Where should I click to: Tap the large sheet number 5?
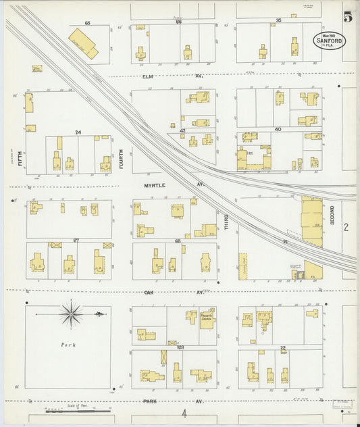pyautogui.click(x=347, y=17)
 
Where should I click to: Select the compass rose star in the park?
pyautogui.click(x=71, y=313)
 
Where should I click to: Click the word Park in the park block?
pyautogui.click(x=68, y=345)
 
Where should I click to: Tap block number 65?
pyautogui.click(x=87, y=23)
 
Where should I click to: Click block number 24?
pyautogui.click(x=78, y=132)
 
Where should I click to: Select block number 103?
pyautogui.click(x=180, y=347)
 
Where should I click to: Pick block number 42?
pyautogui.click(x=182, y=130)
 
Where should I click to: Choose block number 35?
pyautogui.click(x=278, y=20)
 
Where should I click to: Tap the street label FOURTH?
pyautogui.click(x=122, y=158)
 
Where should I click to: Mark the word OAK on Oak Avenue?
pyautogui.click(x=150, y=293)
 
